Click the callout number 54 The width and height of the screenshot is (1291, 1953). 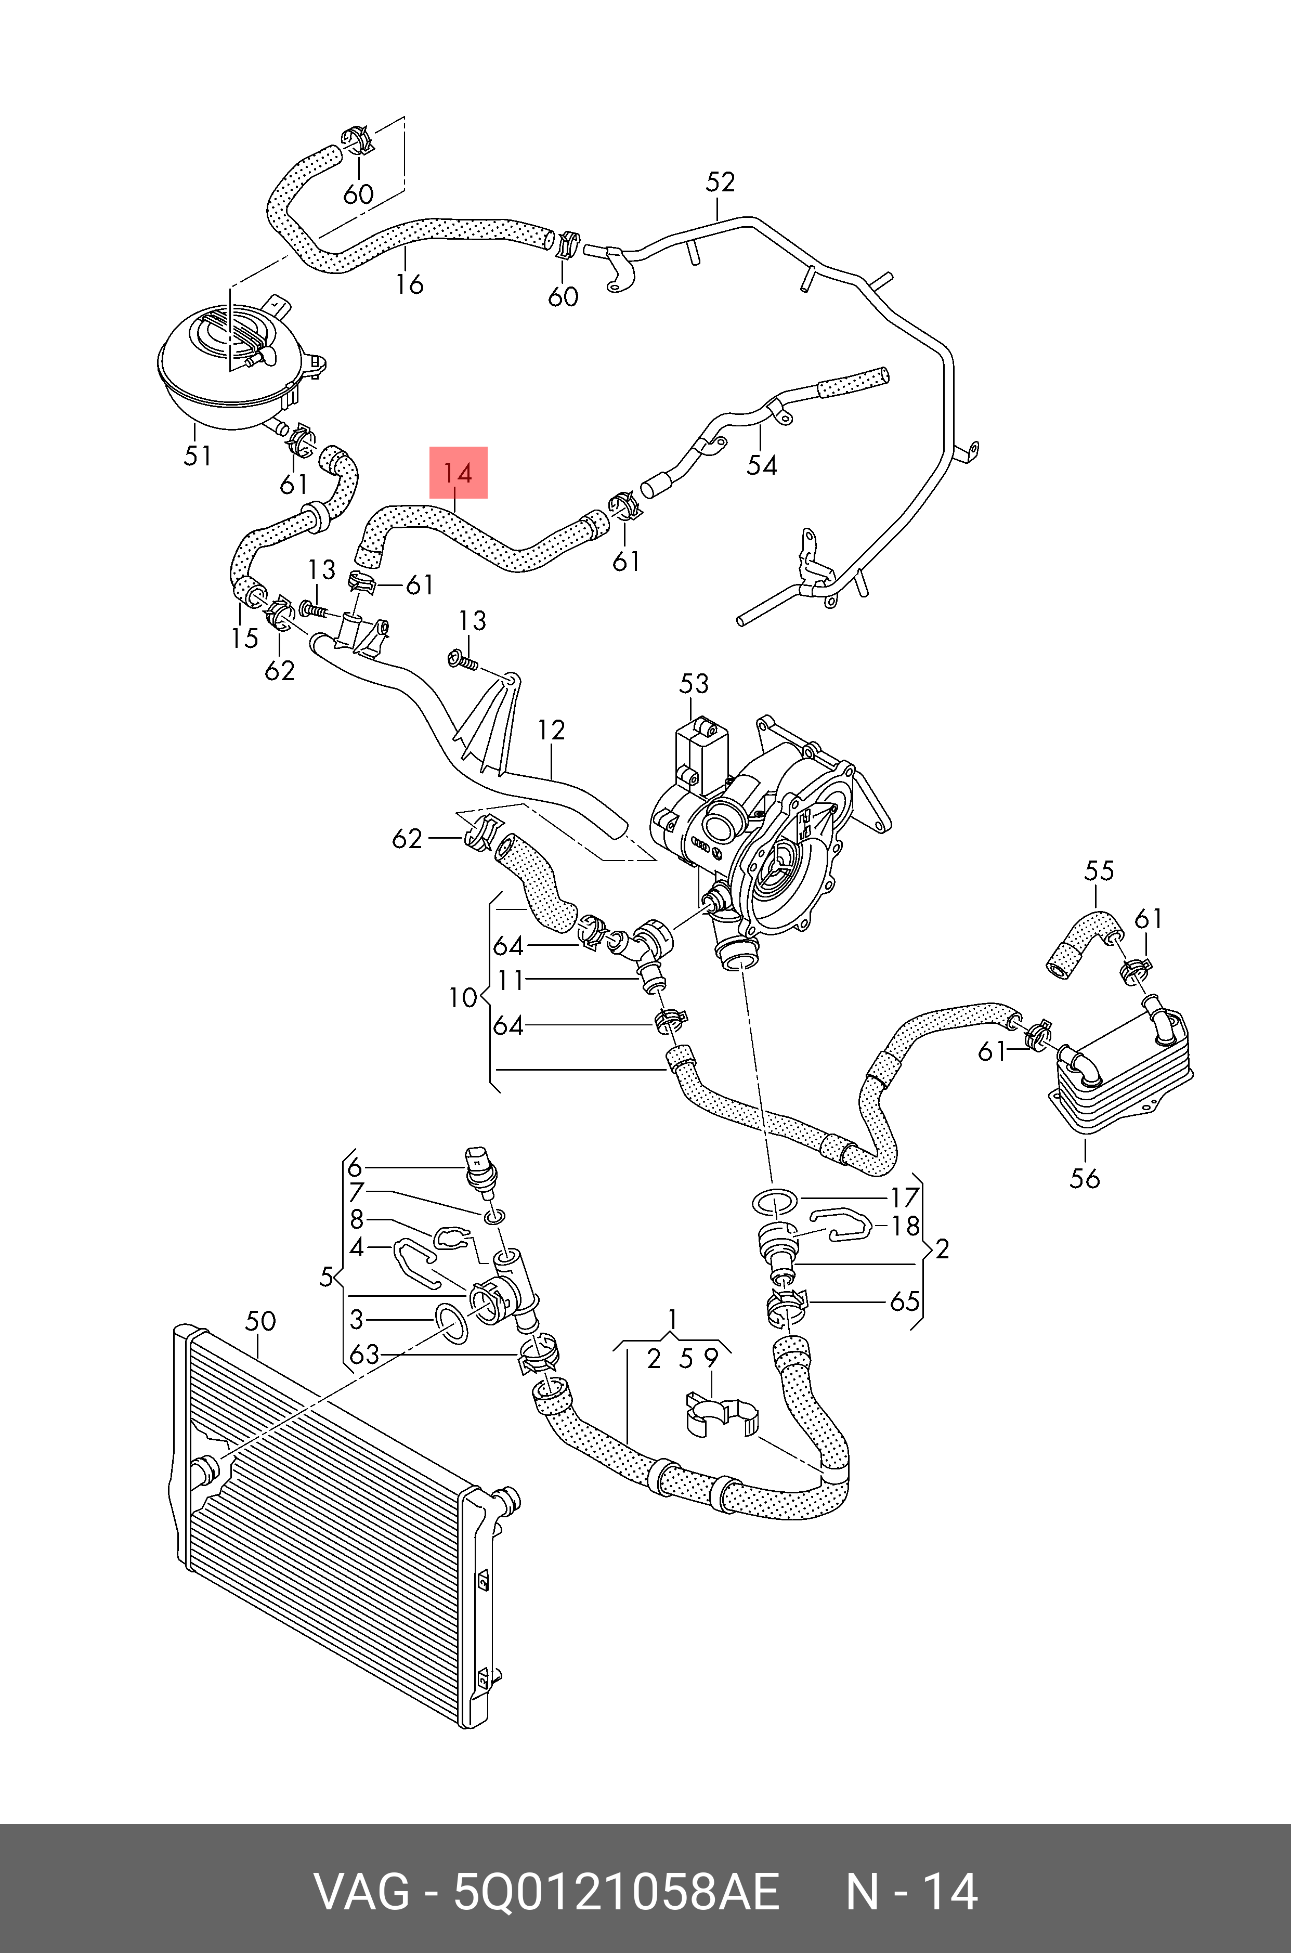(762, 465)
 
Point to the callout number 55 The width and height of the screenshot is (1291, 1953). (1099, 870)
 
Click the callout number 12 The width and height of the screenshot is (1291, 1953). (552, 731)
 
